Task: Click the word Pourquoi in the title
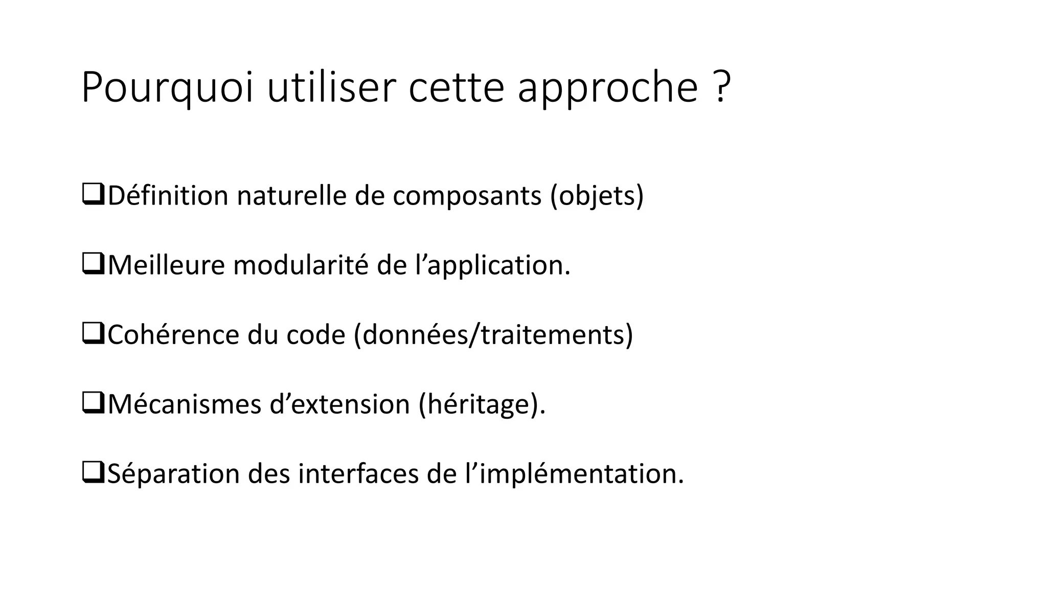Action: click(167, 88)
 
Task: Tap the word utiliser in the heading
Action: click(331, 88)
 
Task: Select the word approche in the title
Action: click(607, 88)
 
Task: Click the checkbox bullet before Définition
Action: click(93, 196)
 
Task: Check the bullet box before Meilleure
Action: click(93, 265)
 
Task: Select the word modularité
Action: click(301, 265)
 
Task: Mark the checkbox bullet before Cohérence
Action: click(93, 335)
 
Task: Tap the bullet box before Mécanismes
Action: click(93, 404)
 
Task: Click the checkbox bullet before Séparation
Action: click(93, 474)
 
